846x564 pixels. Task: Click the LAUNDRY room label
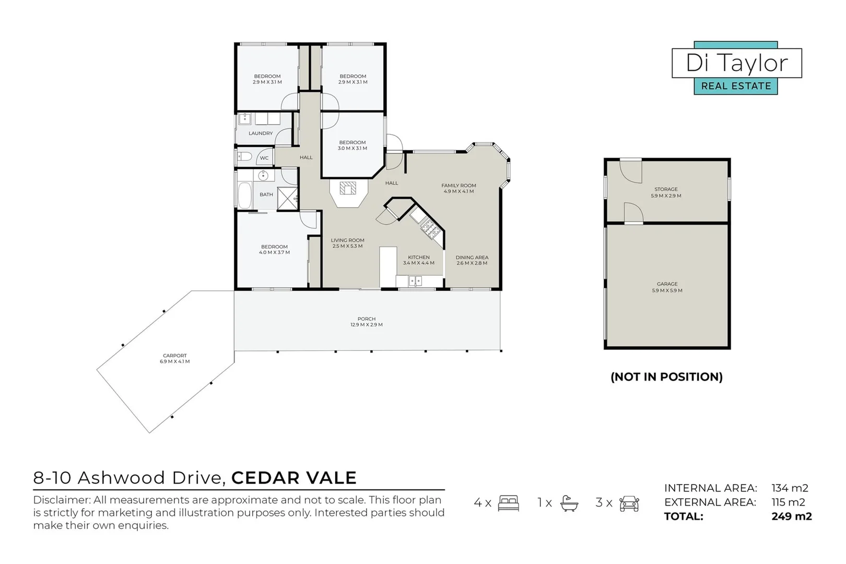261,134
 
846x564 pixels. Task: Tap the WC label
264,158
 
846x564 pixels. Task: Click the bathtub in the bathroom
244,195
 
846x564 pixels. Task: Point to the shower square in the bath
287,198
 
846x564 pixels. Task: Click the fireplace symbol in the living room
348,187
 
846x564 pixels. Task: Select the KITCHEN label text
419,257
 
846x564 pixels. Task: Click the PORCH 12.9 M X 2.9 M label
367,322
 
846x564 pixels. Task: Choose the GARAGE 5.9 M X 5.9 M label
667,287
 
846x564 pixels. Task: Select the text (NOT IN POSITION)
666,377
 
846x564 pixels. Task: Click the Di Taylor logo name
736,63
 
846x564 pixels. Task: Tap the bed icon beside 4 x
508,503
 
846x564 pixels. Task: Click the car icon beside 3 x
629,503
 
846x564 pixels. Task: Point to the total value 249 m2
791,516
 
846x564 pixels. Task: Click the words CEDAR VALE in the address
293,478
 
